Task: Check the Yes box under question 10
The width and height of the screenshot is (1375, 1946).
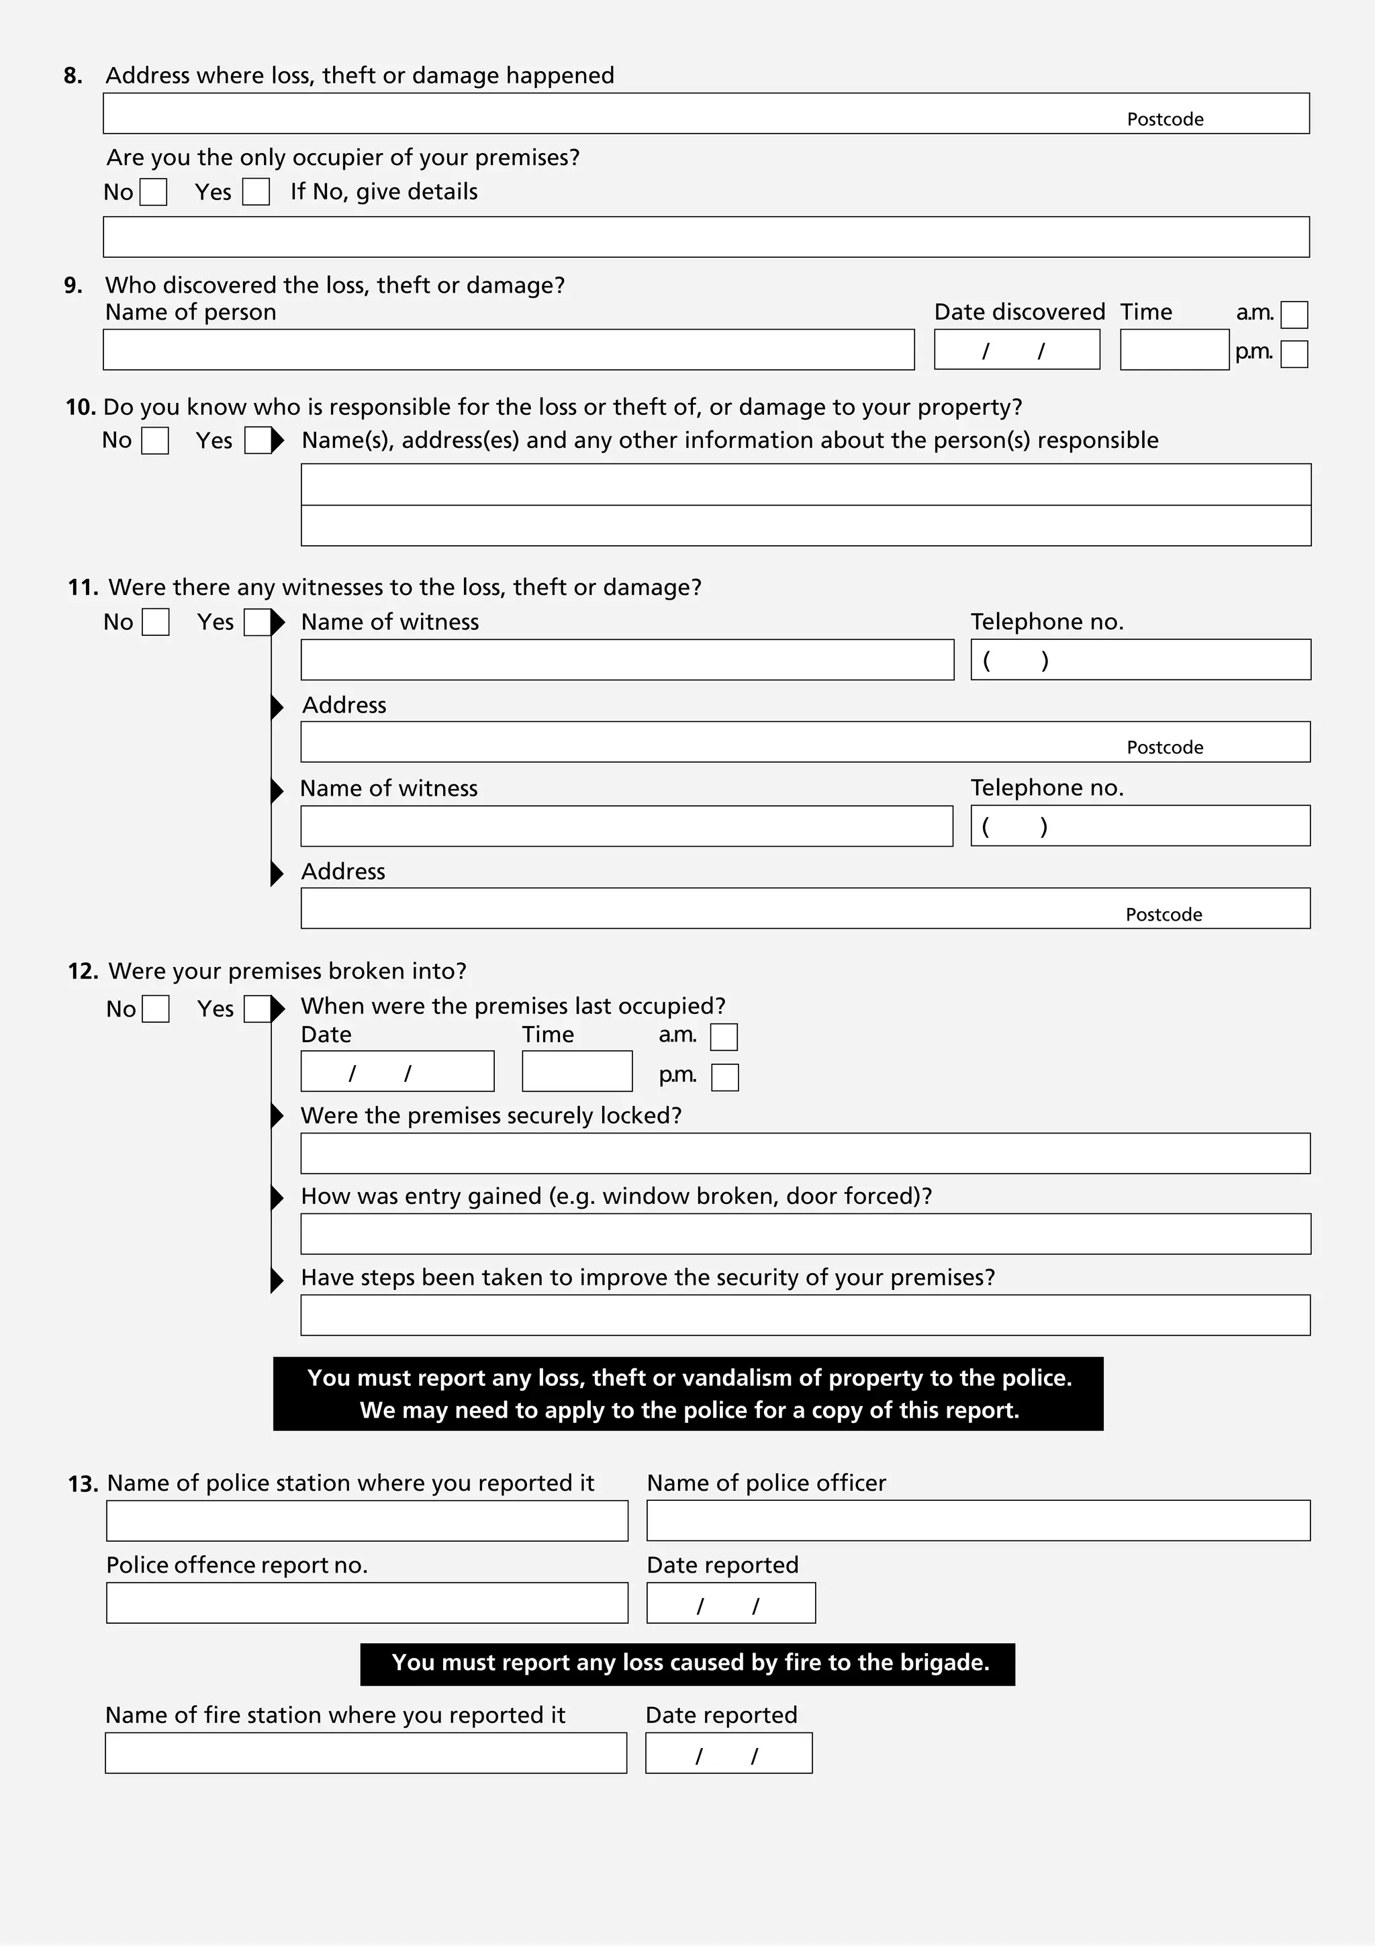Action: tap(258, 441)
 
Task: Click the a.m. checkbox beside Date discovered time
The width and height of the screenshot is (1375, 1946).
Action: tap(1294, 314)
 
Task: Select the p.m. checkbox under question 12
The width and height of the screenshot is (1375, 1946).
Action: tap(724, 1077)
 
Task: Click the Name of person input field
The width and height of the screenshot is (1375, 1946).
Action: tap(508, 349)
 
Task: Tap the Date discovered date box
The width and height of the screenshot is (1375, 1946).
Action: tap(1016, 349)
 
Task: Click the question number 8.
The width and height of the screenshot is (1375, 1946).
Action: tap(73, 75)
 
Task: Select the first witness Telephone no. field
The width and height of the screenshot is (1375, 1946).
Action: tap(1140, 659)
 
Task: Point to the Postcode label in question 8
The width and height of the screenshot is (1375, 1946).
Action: tap(1164, 120)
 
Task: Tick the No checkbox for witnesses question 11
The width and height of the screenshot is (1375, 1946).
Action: tap(155, 622)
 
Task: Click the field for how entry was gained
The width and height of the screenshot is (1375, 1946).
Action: tap(805, 1234)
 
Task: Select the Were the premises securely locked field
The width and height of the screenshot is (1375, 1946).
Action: tap(805, 1154)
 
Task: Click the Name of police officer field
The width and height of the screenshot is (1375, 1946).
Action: tap(978, 1520)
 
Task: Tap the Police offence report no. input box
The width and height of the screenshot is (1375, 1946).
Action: tap(367, 1603)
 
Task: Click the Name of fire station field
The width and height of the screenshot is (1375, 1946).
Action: tap(366, 1753)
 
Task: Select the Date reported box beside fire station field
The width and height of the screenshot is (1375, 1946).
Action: tap(728, 1753)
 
